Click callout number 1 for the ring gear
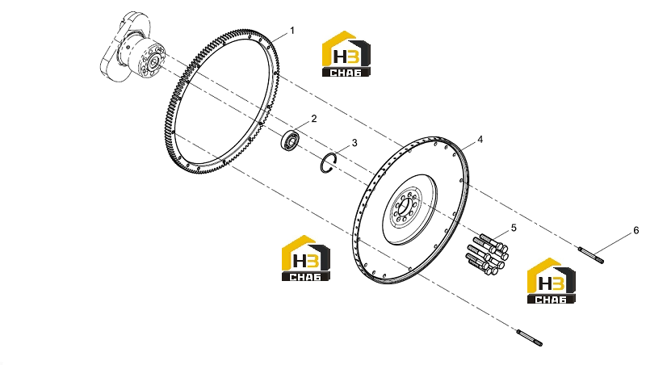(x=292, y=31)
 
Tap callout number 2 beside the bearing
(x=314, y=119)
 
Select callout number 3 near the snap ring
(x=354, y=143)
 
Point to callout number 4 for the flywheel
(x=480, y=140)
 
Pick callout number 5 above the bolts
(x=514, y=228)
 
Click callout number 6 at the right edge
(x=636, y=230)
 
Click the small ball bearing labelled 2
(x=290, y=140)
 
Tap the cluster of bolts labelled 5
(x=487, y=254)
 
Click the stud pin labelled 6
(x=591, y=254)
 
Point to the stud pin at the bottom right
(x=530, y=338)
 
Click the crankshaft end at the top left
(x=132, y=48)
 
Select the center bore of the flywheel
(x=405, y=206)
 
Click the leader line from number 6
(x=615, y=243)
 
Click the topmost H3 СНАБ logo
(x=346, y=54)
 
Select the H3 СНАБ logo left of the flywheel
(x=306, y=258)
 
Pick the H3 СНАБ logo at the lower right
(x=552, y=281)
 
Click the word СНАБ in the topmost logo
(x=346, y=73)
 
